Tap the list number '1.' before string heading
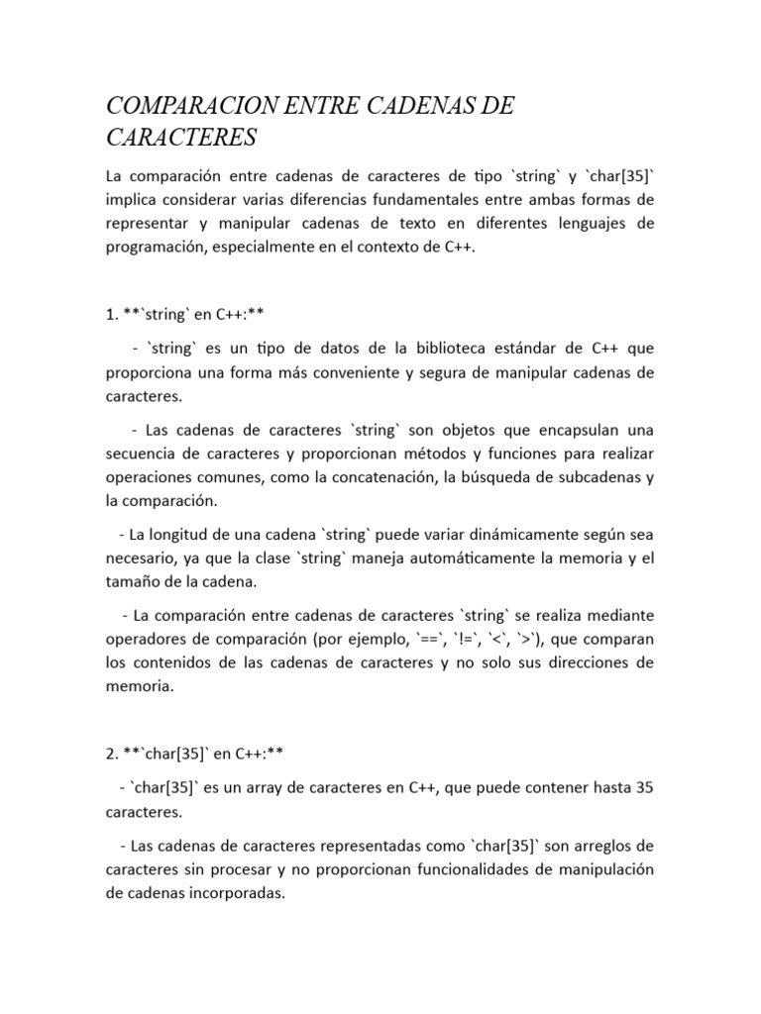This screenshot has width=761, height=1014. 112,315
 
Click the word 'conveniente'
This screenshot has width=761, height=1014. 355,372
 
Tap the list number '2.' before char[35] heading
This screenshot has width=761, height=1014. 112,755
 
